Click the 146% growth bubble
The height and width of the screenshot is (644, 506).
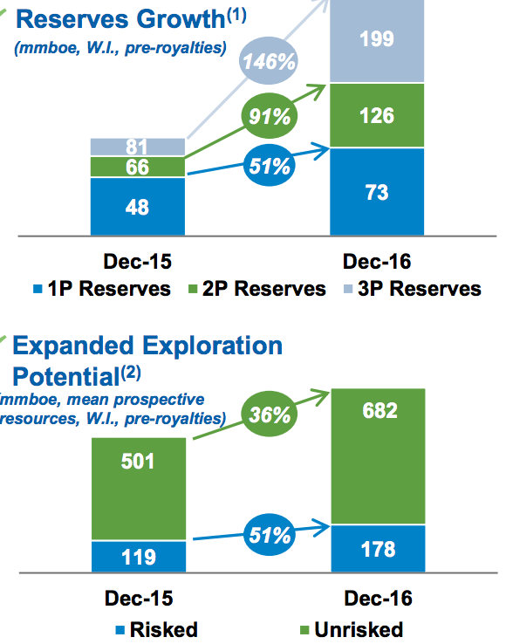point(269,61)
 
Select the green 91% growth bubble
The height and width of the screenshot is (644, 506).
point(270,116)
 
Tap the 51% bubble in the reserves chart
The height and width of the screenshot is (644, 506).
point(270,165)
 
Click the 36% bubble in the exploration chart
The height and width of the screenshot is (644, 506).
point(270,414)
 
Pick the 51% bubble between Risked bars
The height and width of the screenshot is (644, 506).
point(270,535)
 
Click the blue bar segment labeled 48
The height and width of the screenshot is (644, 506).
point(138,206)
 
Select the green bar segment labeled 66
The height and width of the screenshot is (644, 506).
point(138,167)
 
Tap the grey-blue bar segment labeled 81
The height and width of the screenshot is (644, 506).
point(138,147)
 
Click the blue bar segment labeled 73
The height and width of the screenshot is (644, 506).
point(377,191)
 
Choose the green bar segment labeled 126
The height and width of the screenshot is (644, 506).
point(377,115)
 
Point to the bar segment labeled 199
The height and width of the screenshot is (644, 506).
point(377,41)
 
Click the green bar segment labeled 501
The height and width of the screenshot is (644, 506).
point(139,489)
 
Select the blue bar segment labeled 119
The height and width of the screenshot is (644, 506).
point(139,557)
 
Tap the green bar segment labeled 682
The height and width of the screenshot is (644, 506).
point(379,456)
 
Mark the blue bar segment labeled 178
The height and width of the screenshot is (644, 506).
point(379,549)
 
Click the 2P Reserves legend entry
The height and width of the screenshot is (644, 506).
point(257,289)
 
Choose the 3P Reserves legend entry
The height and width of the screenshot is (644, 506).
point(413,289)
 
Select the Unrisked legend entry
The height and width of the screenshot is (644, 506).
point(352,630)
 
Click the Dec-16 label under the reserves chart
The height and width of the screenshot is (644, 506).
point(377,262)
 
